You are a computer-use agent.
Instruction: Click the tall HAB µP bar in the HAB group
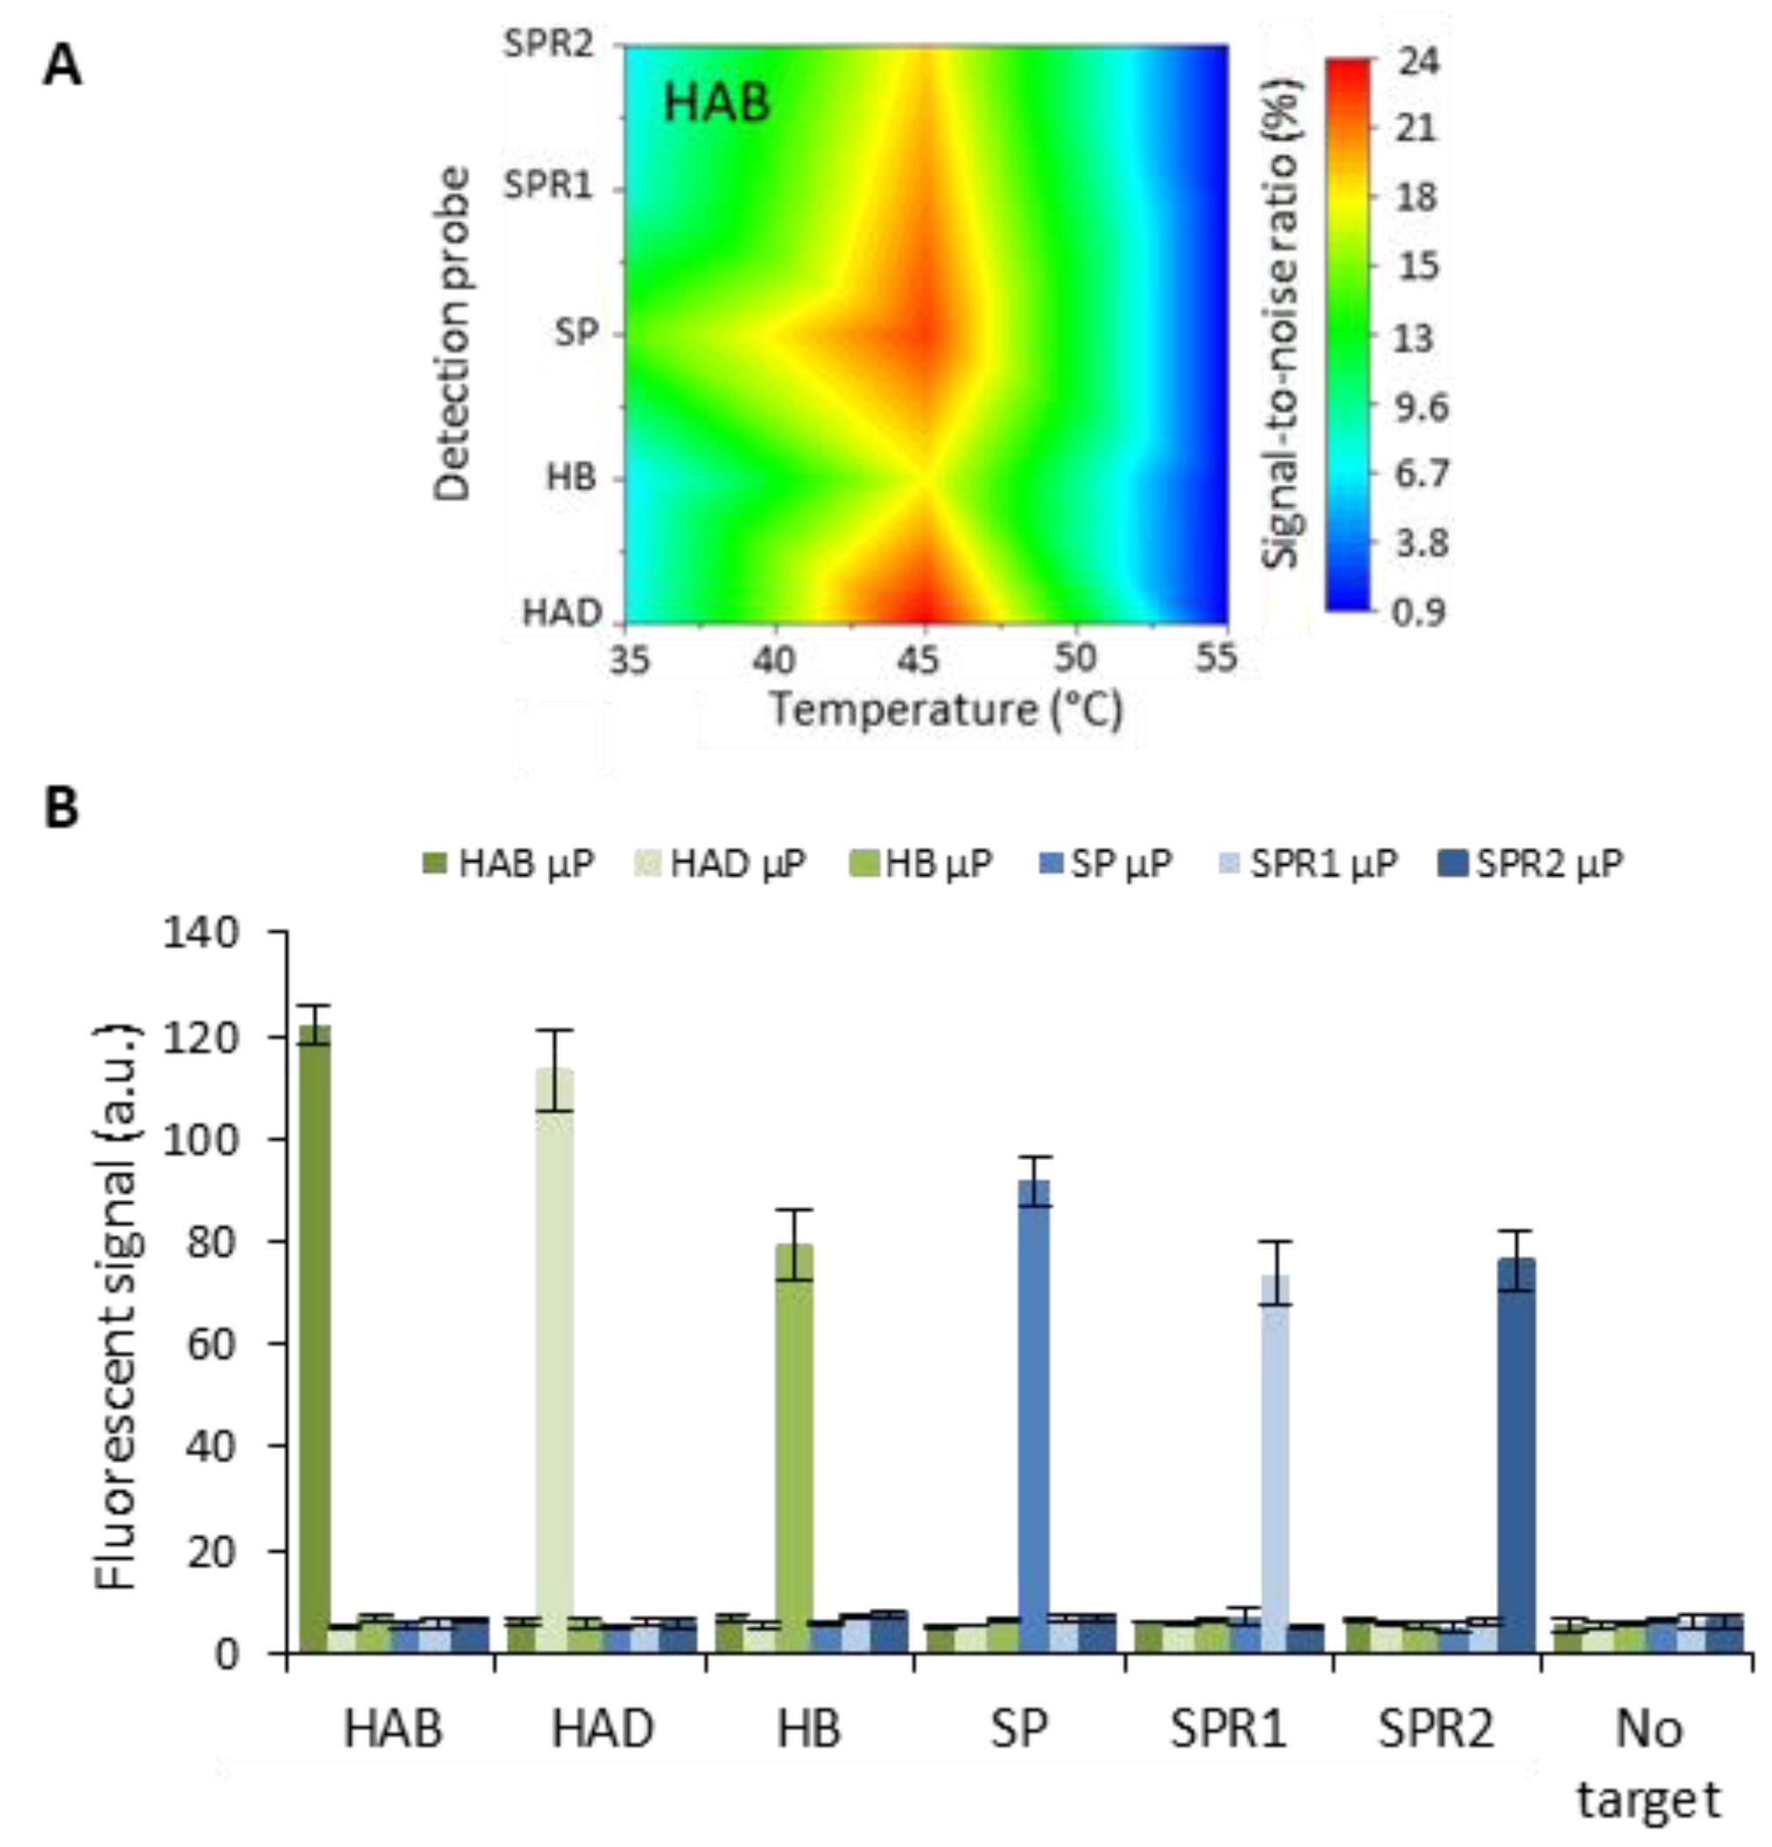click(315, 1338)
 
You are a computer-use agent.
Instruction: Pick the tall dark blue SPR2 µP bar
click(1516, 1451)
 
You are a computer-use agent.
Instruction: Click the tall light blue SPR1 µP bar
click(1277, 1461)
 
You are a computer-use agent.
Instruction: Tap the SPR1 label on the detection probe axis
click(549, 185)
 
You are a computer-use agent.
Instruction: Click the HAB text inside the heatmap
click(716, 103)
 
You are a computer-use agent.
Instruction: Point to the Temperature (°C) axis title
click(946, 709)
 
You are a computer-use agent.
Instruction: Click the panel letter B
click(62, 809)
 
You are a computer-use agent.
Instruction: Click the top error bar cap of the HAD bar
click(553, 1030)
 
